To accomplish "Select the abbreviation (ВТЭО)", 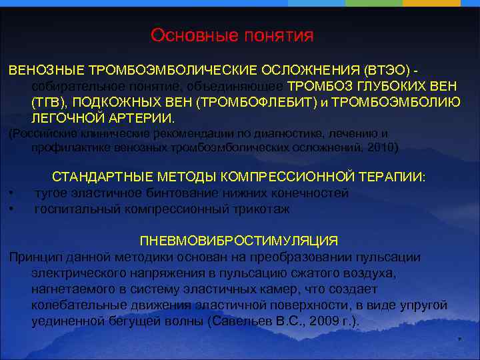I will pos(387,69).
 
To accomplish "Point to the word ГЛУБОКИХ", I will pos(396,86).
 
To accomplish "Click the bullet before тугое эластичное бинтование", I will pos(13,194).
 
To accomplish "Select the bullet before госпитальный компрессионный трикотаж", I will pos(13,209).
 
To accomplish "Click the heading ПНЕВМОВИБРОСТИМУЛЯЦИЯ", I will pos(239,241).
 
